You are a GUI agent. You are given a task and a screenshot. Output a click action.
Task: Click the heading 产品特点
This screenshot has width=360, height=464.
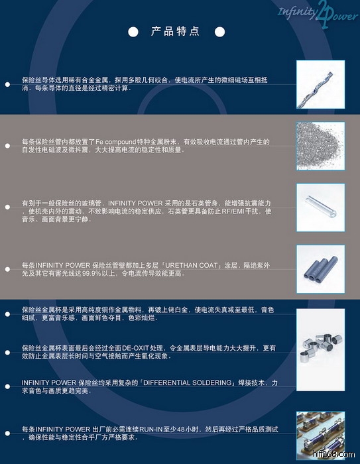click(x=175, y=31)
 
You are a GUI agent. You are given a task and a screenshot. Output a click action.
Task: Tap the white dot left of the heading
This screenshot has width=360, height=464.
click(x=133, y=32)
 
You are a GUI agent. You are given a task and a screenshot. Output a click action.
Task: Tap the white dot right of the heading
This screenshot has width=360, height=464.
click(x=219, y=32)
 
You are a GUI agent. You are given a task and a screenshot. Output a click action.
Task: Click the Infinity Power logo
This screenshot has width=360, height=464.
click(x=318, y=14)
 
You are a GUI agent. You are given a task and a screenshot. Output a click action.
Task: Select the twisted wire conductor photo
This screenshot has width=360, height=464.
click(x=321, y=84)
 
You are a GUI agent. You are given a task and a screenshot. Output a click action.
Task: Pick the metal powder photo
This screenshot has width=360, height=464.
click(x=321, y=146)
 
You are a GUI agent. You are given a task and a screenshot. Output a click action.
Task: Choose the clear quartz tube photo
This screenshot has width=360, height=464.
click(x=321, y=207)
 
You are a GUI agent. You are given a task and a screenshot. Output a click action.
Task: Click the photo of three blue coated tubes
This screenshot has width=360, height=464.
click(x=321, y=269)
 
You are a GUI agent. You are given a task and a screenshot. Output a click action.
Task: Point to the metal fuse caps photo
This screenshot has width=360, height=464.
click(x=321, y=350)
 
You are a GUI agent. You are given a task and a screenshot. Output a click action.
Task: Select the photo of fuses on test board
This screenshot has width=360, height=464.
click(x=321, y=435)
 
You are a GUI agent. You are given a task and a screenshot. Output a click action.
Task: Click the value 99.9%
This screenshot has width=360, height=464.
click(x=91, y=273)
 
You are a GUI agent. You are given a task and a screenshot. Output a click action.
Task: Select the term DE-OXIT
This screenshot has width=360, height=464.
click(x=135, y=348)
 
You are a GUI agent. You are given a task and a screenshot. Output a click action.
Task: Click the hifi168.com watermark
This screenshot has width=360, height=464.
click(x=333, y=454)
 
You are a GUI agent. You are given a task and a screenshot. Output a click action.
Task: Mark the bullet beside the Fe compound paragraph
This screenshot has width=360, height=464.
click(x=7, y=146)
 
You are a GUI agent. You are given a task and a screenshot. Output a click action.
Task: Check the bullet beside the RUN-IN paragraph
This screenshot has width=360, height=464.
click(x=7, y=434)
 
